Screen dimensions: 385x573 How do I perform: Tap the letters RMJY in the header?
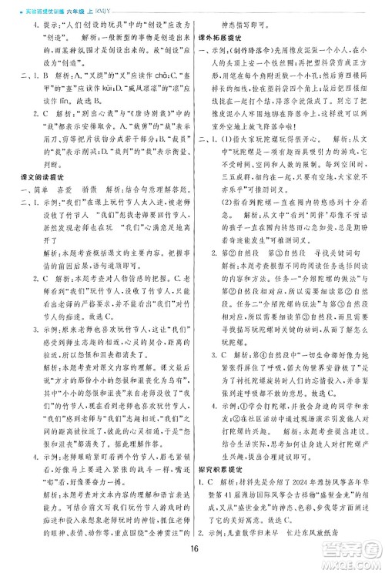tap(113, 6)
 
